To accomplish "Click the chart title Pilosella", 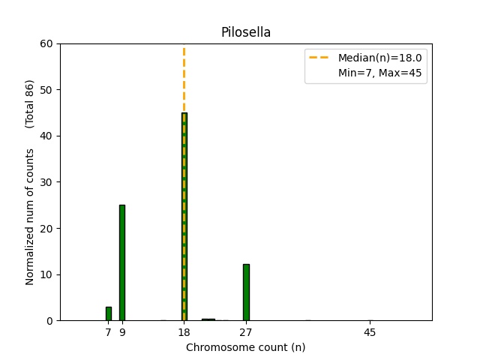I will tap(245, 32).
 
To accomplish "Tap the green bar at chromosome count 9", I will tap(122, 262).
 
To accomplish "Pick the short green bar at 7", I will tap(108, 313).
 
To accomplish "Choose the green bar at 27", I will tap(246, 292).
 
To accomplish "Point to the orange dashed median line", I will tap(184, 75).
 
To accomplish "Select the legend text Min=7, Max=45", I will tap(382, 73).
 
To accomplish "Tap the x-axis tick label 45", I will tap(369, 331).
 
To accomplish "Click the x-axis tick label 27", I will tap(246, 331).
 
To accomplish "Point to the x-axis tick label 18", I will tap(184, 331).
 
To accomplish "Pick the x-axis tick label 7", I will tap(108, 331).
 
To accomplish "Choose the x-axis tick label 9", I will tap(122, 331).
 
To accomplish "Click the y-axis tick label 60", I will tap(47, 43).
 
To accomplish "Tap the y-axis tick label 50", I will tap(47, 90).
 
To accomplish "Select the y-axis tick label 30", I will tap(47, 182).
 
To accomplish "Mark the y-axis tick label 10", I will tap(47, 274).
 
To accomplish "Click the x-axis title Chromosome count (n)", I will tap(245, 347).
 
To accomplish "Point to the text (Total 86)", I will tap(30, 103).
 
